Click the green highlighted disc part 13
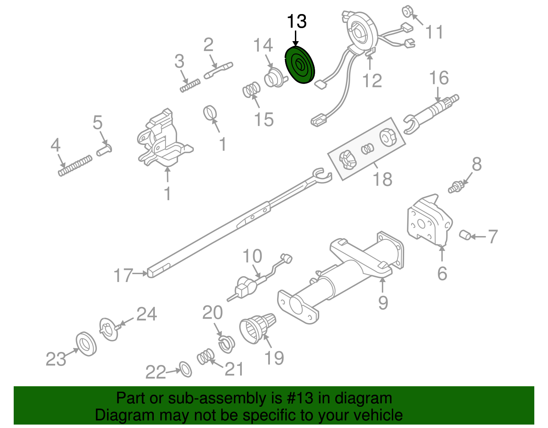(x=300, y=65)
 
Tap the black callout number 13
(x=297, y=22)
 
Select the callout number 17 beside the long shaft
(x=123, y=275)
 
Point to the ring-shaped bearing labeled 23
(x=86, y=344)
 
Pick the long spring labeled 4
(x=75, y=166)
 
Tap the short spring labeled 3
(x=190, y=85)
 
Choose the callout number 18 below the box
(x=382, y=179)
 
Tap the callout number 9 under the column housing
(x=383, y=302)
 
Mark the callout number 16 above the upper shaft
(x=439, y=78)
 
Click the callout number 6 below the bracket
(x=442, y=273)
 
